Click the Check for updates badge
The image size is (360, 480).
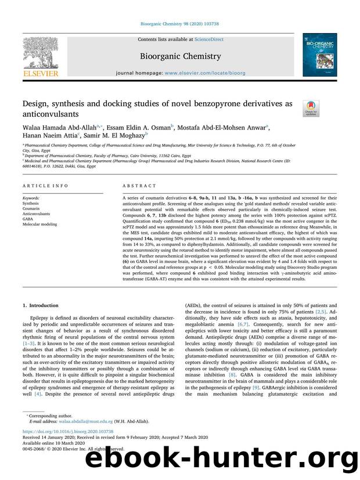[311, 107]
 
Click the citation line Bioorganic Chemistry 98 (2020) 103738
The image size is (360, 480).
[180, 23]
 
